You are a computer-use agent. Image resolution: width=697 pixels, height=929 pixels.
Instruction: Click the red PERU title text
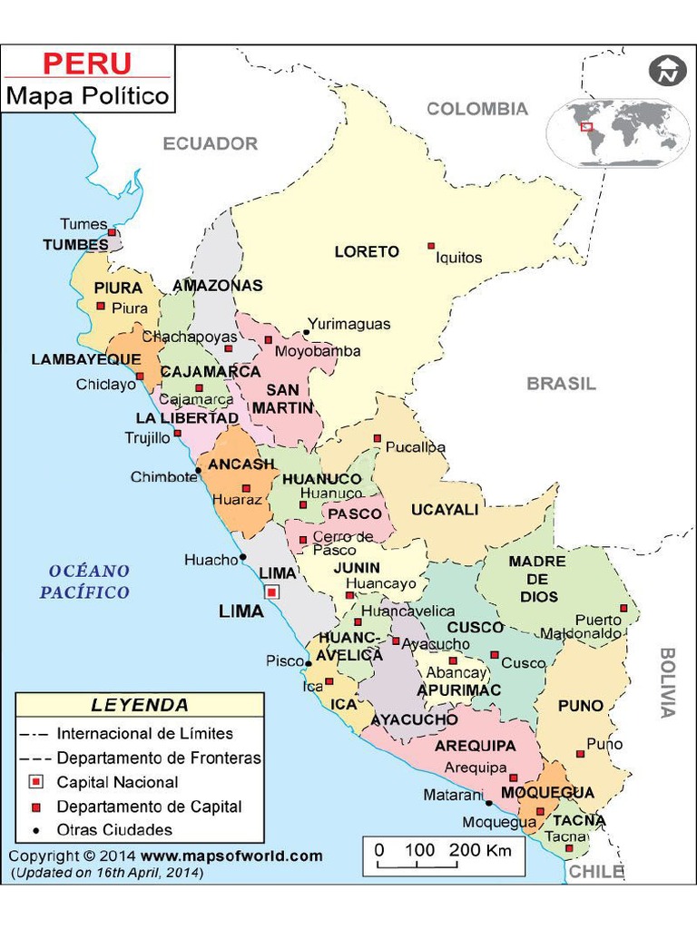point(87,64)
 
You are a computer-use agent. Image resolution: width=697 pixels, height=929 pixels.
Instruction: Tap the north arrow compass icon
point(667,71)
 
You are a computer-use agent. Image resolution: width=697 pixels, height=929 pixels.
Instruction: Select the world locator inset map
point(619,133)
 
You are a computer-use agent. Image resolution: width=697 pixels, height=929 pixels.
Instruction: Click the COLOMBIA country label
point(477,109)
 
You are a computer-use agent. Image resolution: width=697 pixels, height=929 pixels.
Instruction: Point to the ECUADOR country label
point(211,143)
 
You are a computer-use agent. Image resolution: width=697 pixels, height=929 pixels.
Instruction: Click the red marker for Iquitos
point(431,246)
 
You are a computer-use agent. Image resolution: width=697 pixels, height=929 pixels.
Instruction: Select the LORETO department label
point(367,251)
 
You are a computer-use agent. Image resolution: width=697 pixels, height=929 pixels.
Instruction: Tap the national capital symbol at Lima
point(271,592)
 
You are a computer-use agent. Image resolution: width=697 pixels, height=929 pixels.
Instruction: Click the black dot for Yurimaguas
point(307,332)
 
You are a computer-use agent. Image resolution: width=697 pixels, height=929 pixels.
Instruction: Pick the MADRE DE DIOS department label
point(536,579)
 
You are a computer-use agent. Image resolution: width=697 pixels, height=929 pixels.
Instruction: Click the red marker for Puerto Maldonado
point(623,609)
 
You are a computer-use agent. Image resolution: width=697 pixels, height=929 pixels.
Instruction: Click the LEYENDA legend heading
point(140,705)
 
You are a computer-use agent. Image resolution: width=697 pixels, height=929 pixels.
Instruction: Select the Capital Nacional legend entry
point(117,782)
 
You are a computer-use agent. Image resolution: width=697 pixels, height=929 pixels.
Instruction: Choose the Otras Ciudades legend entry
point(113,829)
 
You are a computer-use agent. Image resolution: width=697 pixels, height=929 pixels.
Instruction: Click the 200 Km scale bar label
point(481,850)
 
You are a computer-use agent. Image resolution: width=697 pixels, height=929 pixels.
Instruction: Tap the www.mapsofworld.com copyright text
point(231,856)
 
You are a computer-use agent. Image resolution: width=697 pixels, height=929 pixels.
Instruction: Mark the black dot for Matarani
point(488,803)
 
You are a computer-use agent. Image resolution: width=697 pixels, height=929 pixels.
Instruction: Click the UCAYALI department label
point(445,510)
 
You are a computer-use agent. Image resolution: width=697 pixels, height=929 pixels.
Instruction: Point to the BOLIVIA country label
point(668,682)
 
